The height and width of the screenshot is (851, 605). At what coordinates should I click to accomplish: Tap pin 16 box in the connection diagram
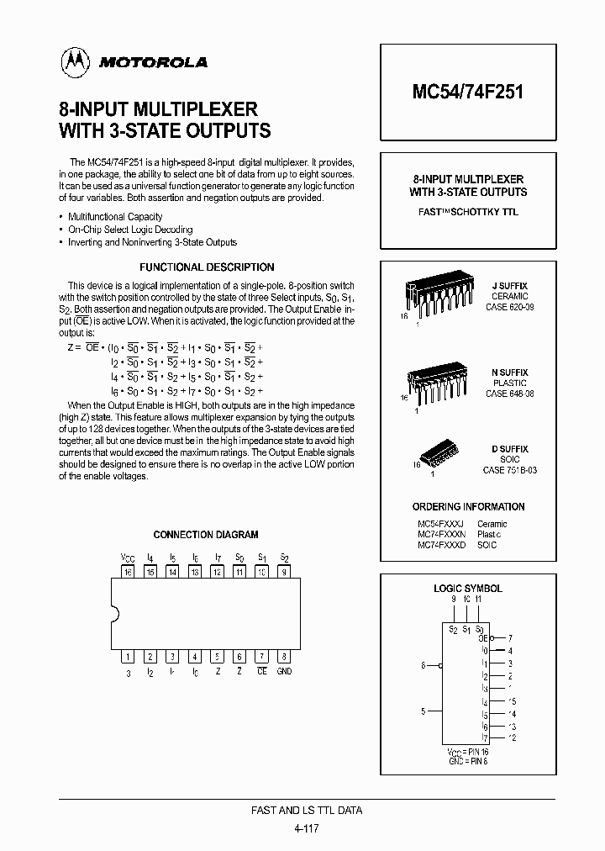point(129,572)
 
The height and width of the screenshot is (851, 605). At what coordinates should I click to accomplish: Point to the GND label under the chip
point(284,672)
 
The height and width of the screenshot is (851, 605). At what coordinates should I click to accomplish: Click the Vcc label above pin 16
point(128,557)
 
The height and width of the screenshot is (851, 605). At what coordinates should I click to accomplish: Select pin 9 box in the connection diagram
point(284,572)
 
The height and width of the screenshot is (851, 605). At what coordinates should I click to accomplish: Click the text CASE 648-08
point(509,394)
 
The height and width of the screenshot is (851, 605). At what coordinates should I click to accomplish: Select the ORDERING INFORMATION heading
point(468,507)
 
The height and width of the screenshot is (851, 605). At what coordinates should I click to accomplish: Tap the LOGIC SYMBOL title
point(468,589)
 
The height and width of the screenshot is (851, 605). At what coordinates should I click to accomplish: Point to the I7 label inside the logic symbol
point(485,737)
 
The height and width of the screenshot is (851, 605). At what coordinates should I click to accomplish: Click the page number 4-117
point(307,827)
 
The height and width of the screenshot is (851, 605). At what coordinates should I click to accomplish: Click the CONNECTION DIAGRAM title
point(206,535)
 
